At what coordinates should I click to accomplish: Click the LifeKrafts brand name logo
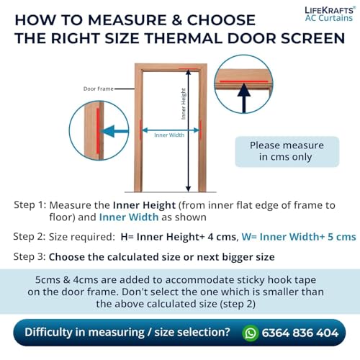[330, 10]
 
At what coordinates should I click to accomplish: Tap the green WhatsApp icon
[251, 333]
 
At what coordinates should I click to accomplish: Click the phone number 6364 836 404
[300, 333]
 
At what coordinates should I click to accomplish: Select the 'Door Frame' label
[99, 89]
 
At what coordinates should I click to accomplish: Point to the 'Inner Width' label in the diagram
[169, 135]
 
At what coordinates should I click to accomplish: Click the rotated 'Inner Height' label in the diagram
[184, 104]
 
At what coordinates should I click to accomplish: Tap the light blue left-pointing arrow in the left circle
[114, 131]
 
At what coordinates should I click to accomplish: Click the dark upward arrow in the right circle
[244, 98]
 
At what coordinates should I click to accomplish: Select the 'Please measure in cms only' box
[287, 151]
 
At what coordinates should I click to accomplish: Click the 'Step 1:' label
[30, 205]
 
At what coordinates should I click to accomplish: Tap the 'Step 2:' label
[30, 237]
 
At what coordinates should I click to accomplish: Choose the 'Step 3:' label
[30, 256]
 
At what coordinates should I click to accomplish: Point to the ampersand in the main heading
[177, 20]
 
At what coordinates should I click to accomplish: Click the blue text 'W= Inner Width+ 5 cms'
[299, 237]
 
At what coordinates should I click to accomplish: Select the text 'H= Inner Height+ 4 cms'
[179, 237]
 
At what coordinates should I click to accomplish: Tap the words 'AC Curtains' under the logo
[329, 18]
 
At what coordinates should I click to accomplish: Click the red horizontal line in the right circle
[244, 81]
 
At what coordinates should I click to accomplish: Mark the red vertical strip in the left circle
[98, 131]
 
